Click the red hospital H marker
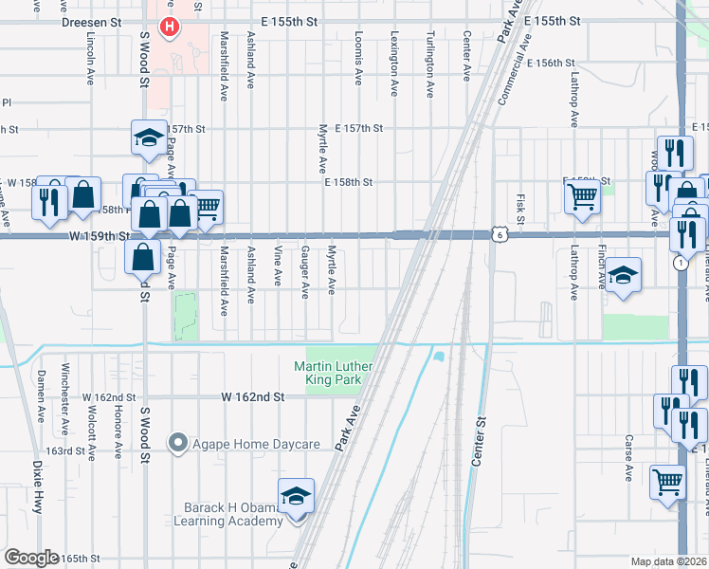pos(170,27)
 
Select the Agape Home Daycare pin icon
pos(177,442)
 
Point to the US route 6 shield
pos(498,234)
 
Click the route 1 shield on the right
pos(681,263)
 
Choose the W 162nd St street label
pos(253,397)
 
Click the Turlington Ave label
pos(429,63)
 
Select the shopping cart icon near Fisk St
pos(582,197)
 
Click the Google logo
pos(31,558)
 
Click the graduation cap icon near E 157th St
pos(148,138)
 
